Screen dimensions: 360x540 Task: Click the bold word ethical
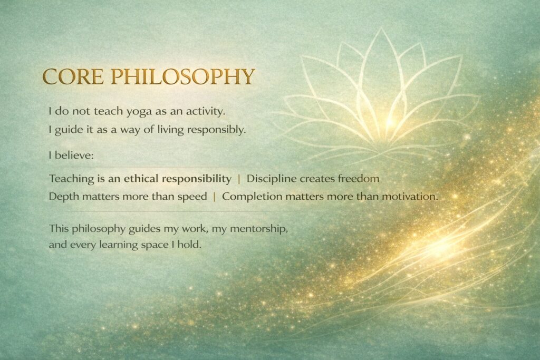coord(141,179)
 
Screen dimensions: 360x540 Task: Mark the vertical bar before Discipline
coord(239,179)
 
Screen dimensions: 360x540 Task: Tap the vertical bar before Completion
coord(214,197)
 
